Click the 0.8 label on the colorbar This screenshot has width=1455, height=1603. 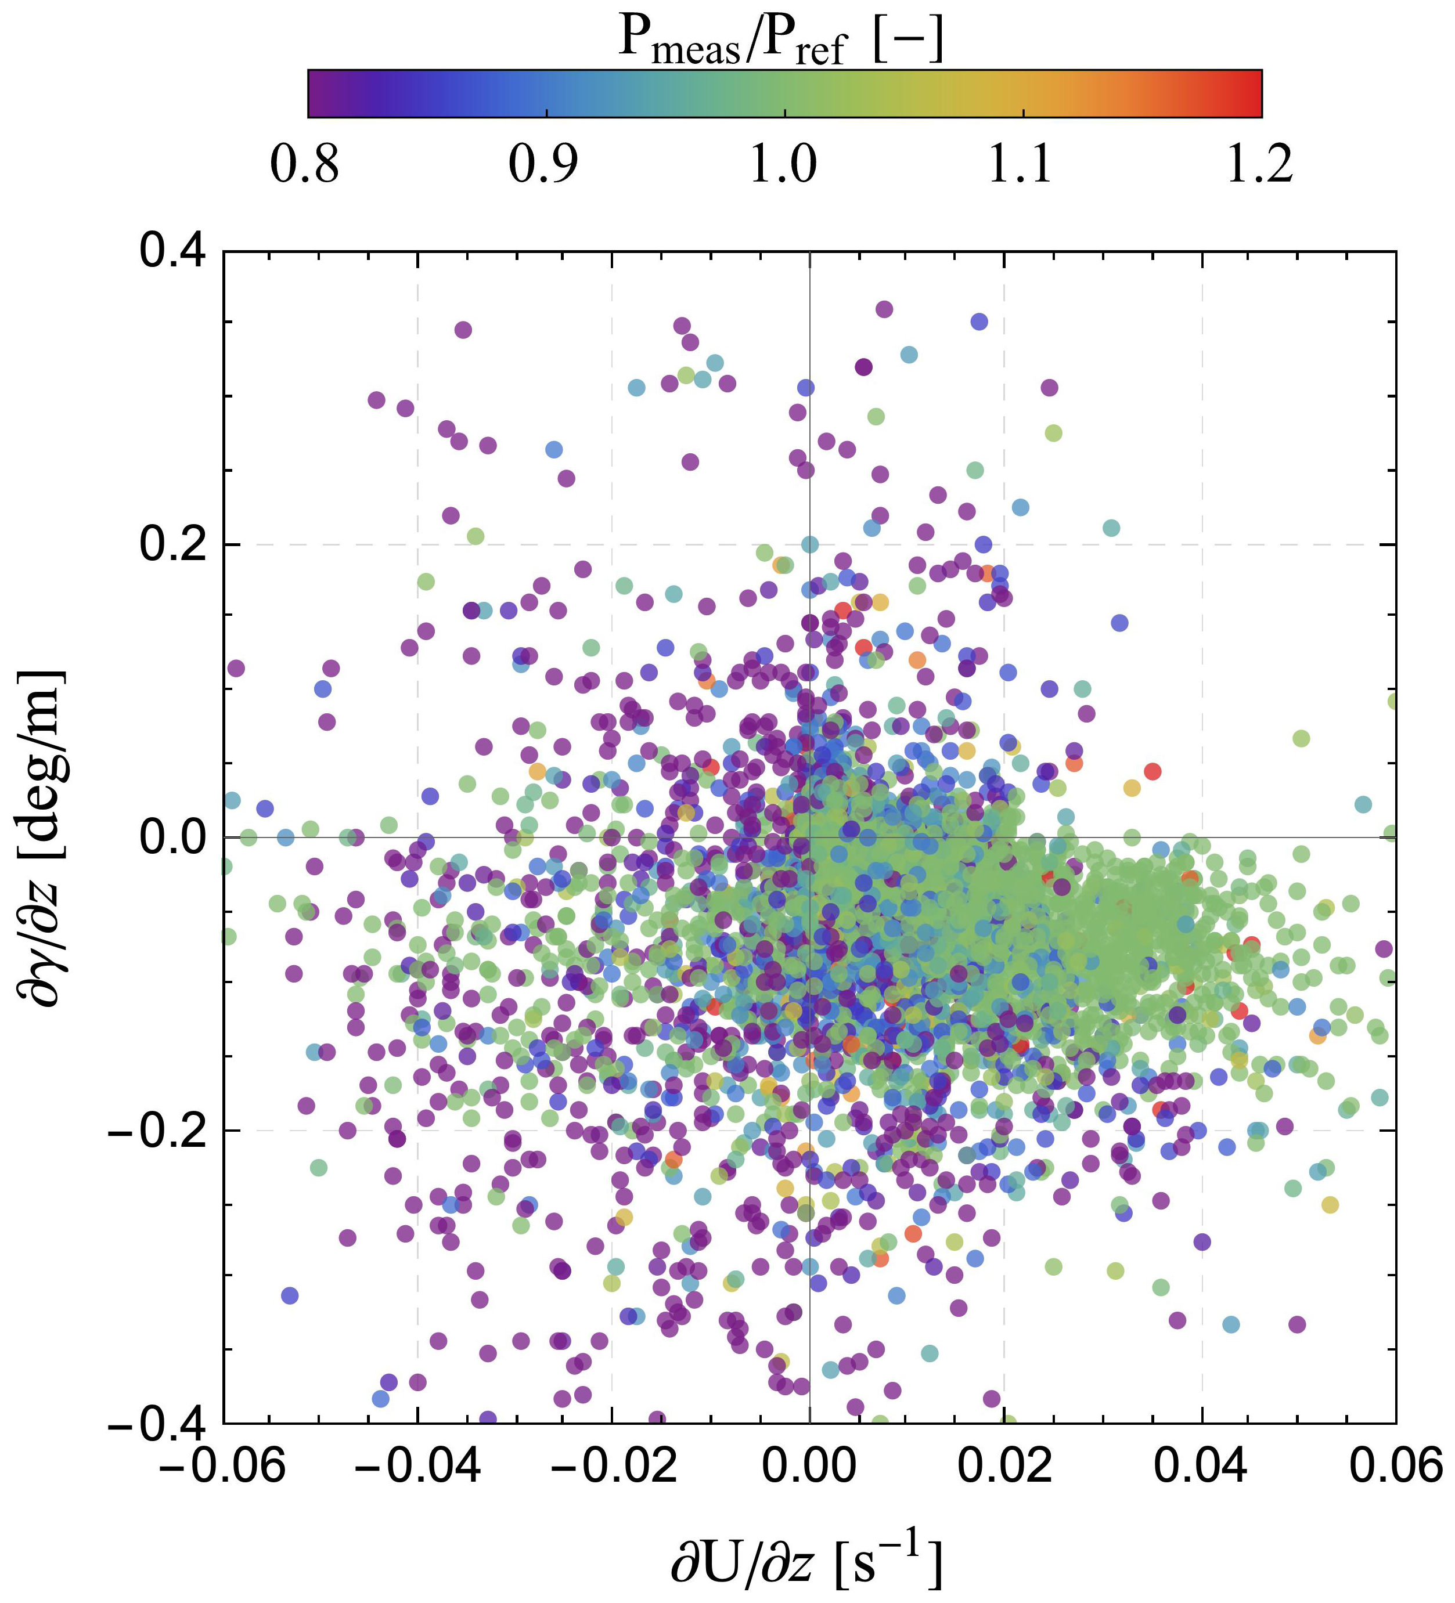(305, 165)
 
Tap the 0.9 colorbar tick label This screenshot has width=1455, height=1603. (543, 165)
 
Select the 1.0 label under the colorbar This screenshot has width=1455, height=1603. (784, 165)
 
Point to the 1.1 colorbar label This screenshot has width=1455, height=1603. (1021, 165)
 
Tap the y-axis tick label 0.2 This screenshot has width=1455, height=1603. (172, 544)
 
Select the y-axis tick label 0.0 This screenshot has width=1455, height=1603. (172, 837)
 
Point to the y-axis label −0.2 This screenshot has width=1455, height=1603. (156, 1130)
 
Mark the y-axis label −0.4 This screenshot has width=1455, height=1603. (156, 1423)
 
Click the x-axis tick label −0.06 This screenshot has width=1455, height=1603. (223, 1465)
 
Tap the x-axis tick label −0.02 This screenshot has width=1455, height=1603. (613, 1465)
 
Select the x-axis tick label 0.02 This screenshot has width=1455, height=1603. (1004, 1465)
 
